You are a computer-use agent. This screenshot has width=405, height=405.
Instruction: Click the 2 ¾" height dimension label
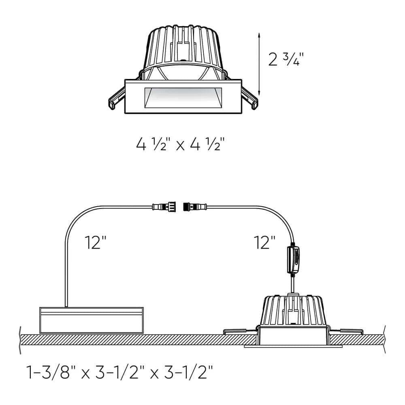point(286,59)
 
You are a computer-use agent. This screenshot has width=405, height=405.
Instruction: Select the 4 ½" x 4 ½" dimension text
point(180,144)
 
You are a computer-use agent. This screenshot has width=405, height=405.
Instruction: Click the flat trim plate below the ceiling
point(293,347)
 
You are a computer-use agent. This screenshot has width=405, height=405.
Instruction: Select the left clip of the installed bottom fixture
point(239,331)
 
